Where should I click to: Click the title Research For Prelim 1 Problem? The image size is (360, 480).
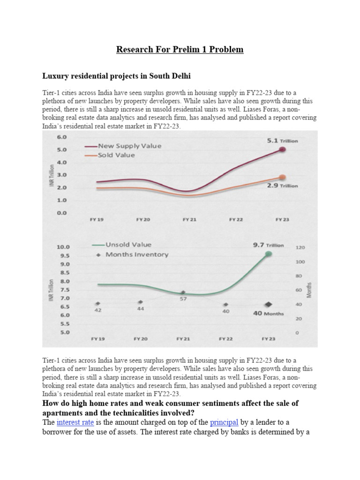click(180, 49)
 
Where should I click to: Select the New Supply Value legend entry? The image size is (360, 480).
click(129, 146)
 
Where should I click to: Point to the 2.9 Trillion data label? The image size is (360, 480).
click(282, 186)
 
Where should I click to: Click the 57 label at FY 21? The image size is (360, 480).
click(184, 298)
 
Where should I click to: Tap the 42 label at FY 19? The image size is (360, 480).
click(98, 310)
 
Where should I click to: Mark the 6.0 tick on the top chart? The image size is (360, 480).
click(62, 137)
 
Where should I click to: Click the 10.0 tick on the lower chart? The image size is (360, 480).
click(63, 247)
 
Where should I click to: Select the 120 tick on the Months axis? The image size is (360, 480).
click(300, 247)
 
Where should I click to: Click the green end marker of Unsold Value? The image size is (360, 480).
click(269, 254)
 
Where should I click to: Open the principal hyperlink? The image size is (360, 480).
click(225, 422)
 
